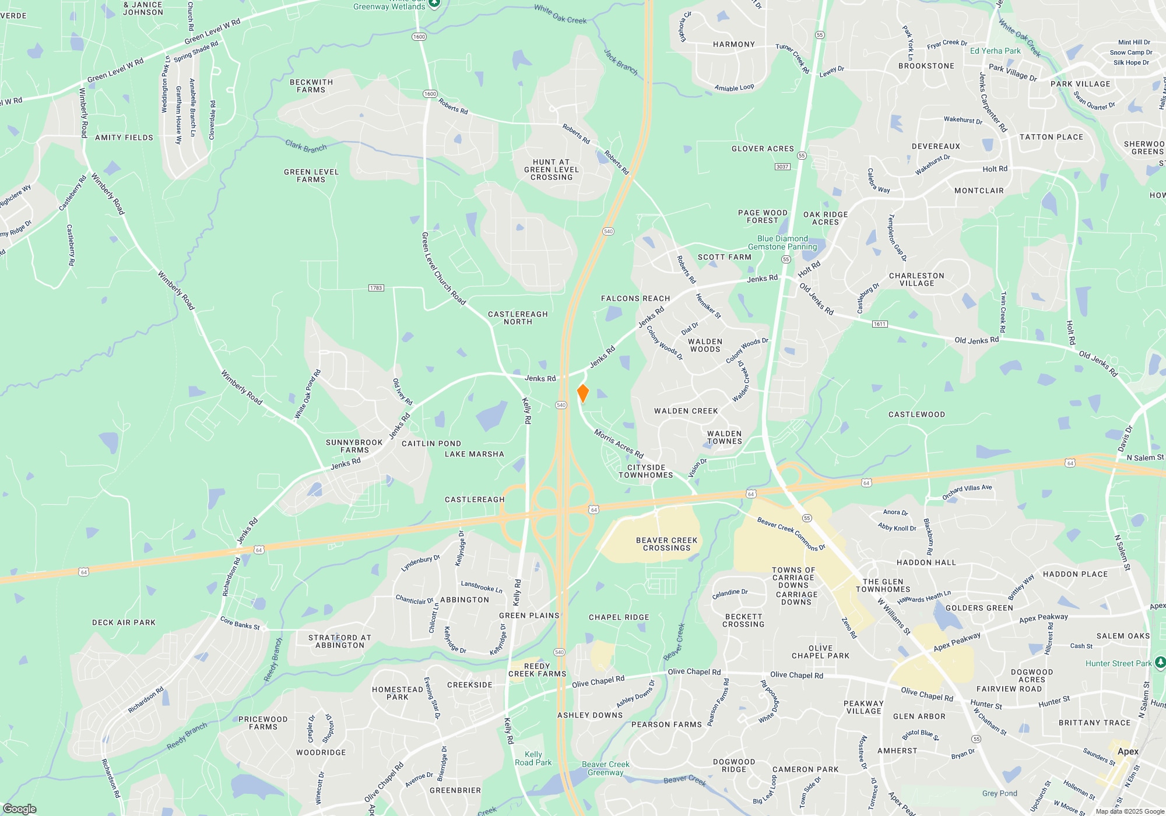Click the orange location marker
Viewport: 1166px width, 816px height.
pos(582,393)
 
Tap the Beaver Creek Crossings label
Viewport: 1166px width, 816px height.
pos(666,544)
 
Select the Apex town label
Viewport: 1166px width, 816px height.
pos(1128,751)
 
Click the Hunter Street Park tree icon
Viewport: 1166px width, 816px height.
pos(1160,663)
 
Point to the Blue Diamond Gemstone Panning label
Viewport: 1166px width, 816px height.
pos(782,242)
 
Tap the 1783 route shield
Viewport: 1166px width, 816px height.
pos(376,288)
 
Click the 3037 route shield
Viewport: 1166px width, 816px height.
pos(782,167)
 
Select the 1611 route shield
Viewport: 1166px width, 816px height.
pos(880,324)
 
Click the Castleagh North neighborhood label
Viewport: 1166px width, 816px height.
pos(518,318)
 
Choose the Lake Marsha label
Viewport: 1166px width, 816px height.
pos(475,454)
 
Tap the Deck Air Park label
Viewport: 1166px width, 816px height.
pos(124,622)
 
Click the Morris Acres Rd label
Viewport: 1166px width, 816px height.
pos(619,444)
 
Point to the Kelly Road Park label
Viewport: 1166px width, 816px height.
pos(533,758)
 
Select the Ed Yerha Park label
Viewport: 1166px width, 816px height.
pos(995,51)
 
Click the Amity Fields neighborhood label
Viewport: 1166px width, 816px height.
pos(124,138)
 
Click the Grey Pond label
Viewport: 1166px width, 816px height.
pos(999,793)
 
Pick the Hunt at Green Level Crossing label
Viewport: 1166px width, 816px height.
pos(551,170)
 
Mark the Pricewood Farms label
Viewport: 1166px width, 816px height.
pos(263,723)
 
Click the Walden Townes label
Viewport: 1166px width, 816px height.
pos(724,437)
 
